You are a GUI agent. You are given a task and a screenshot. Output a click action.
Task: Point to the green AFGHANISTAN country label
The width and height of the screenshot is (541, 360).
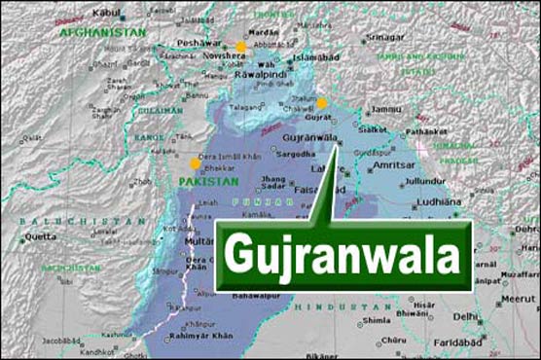pos(103,32)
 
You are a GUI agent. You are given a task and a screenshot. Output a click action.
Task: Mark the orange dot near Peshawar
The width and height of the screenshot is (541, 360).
pos(240,47)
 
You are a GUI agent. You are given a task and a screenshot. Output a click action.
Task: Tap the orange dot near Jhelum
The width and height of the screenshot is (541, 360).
pos(322,103)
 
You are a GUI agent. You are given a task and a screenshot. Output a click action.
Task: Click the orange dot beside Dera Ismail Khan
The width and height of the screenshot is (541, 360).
pos(194,163)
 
